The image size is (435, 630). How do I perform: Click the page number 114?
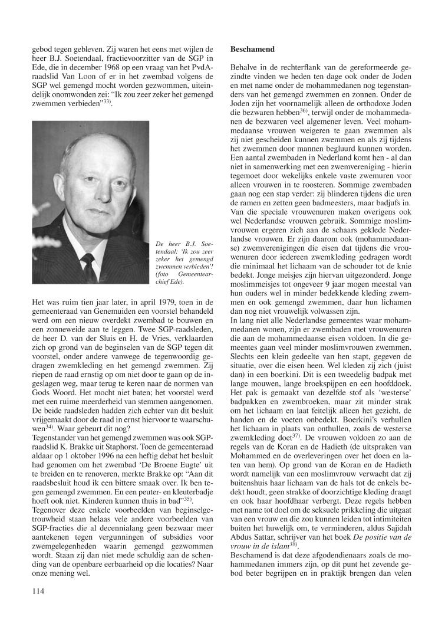[x=39, y=590]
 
